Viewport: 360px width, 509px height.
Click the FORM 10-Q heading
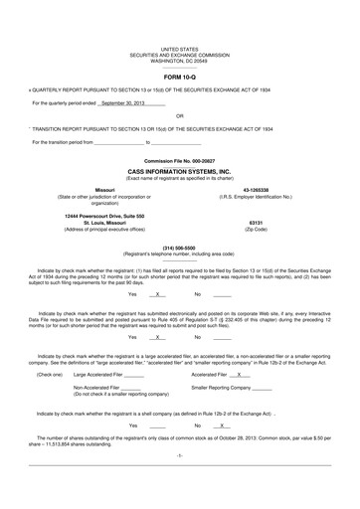tap(180, 77)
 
